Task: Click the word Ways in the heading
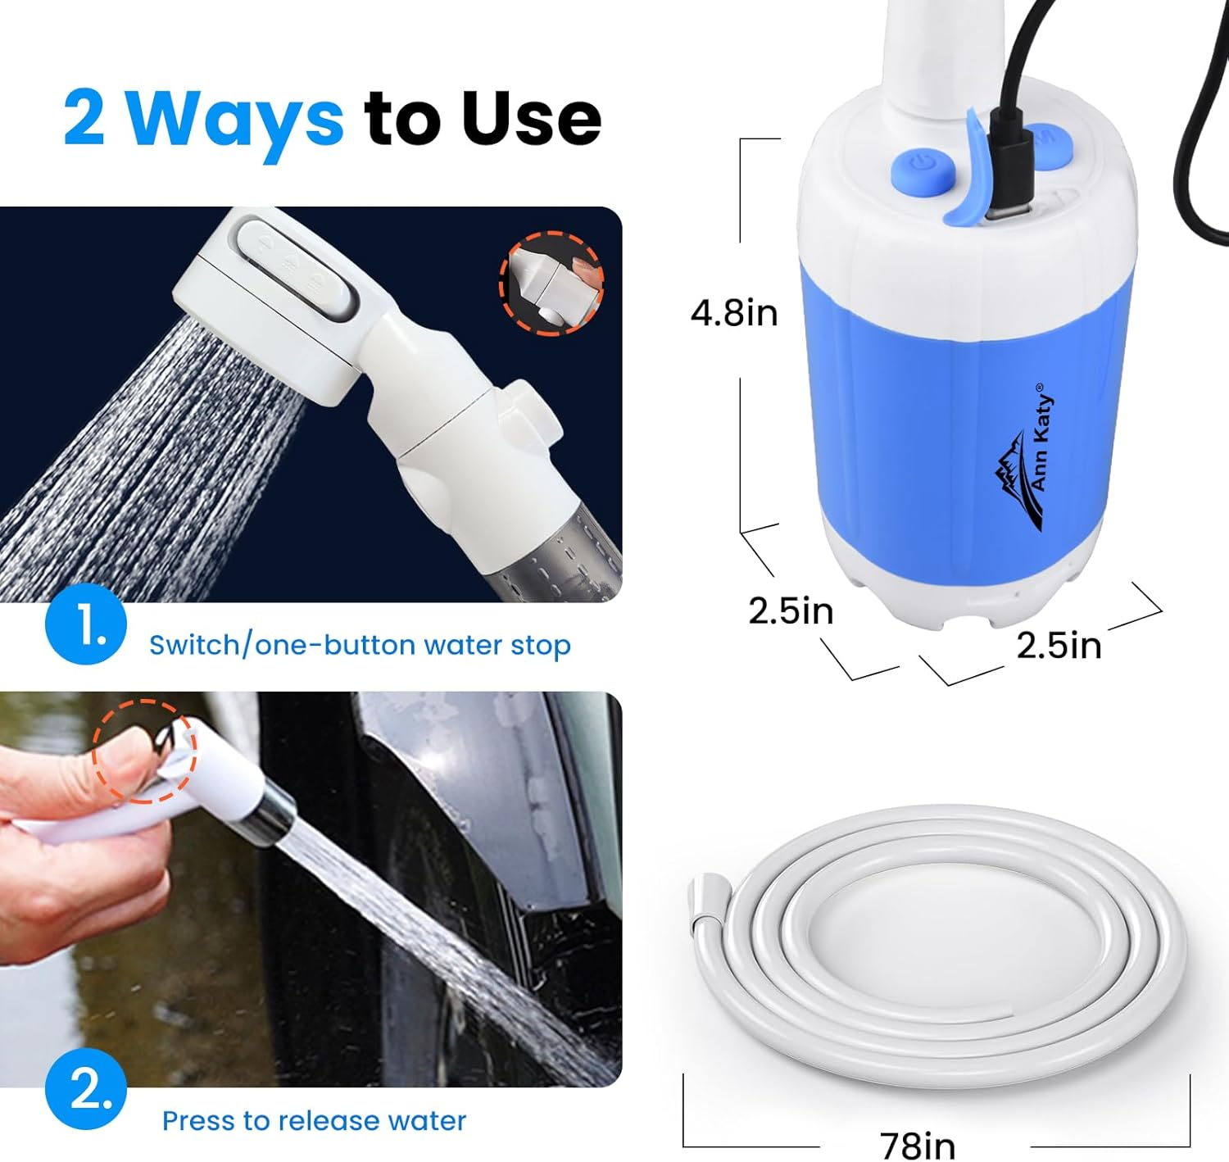234,119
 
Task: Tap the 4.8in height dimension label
734,313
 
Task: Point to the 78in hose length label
918,1145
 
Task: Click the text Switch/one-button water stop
360,645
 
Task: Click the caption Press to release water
314,1120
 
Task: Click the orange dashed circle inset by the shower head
551,283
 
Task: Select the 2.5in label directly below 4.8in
791,611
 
